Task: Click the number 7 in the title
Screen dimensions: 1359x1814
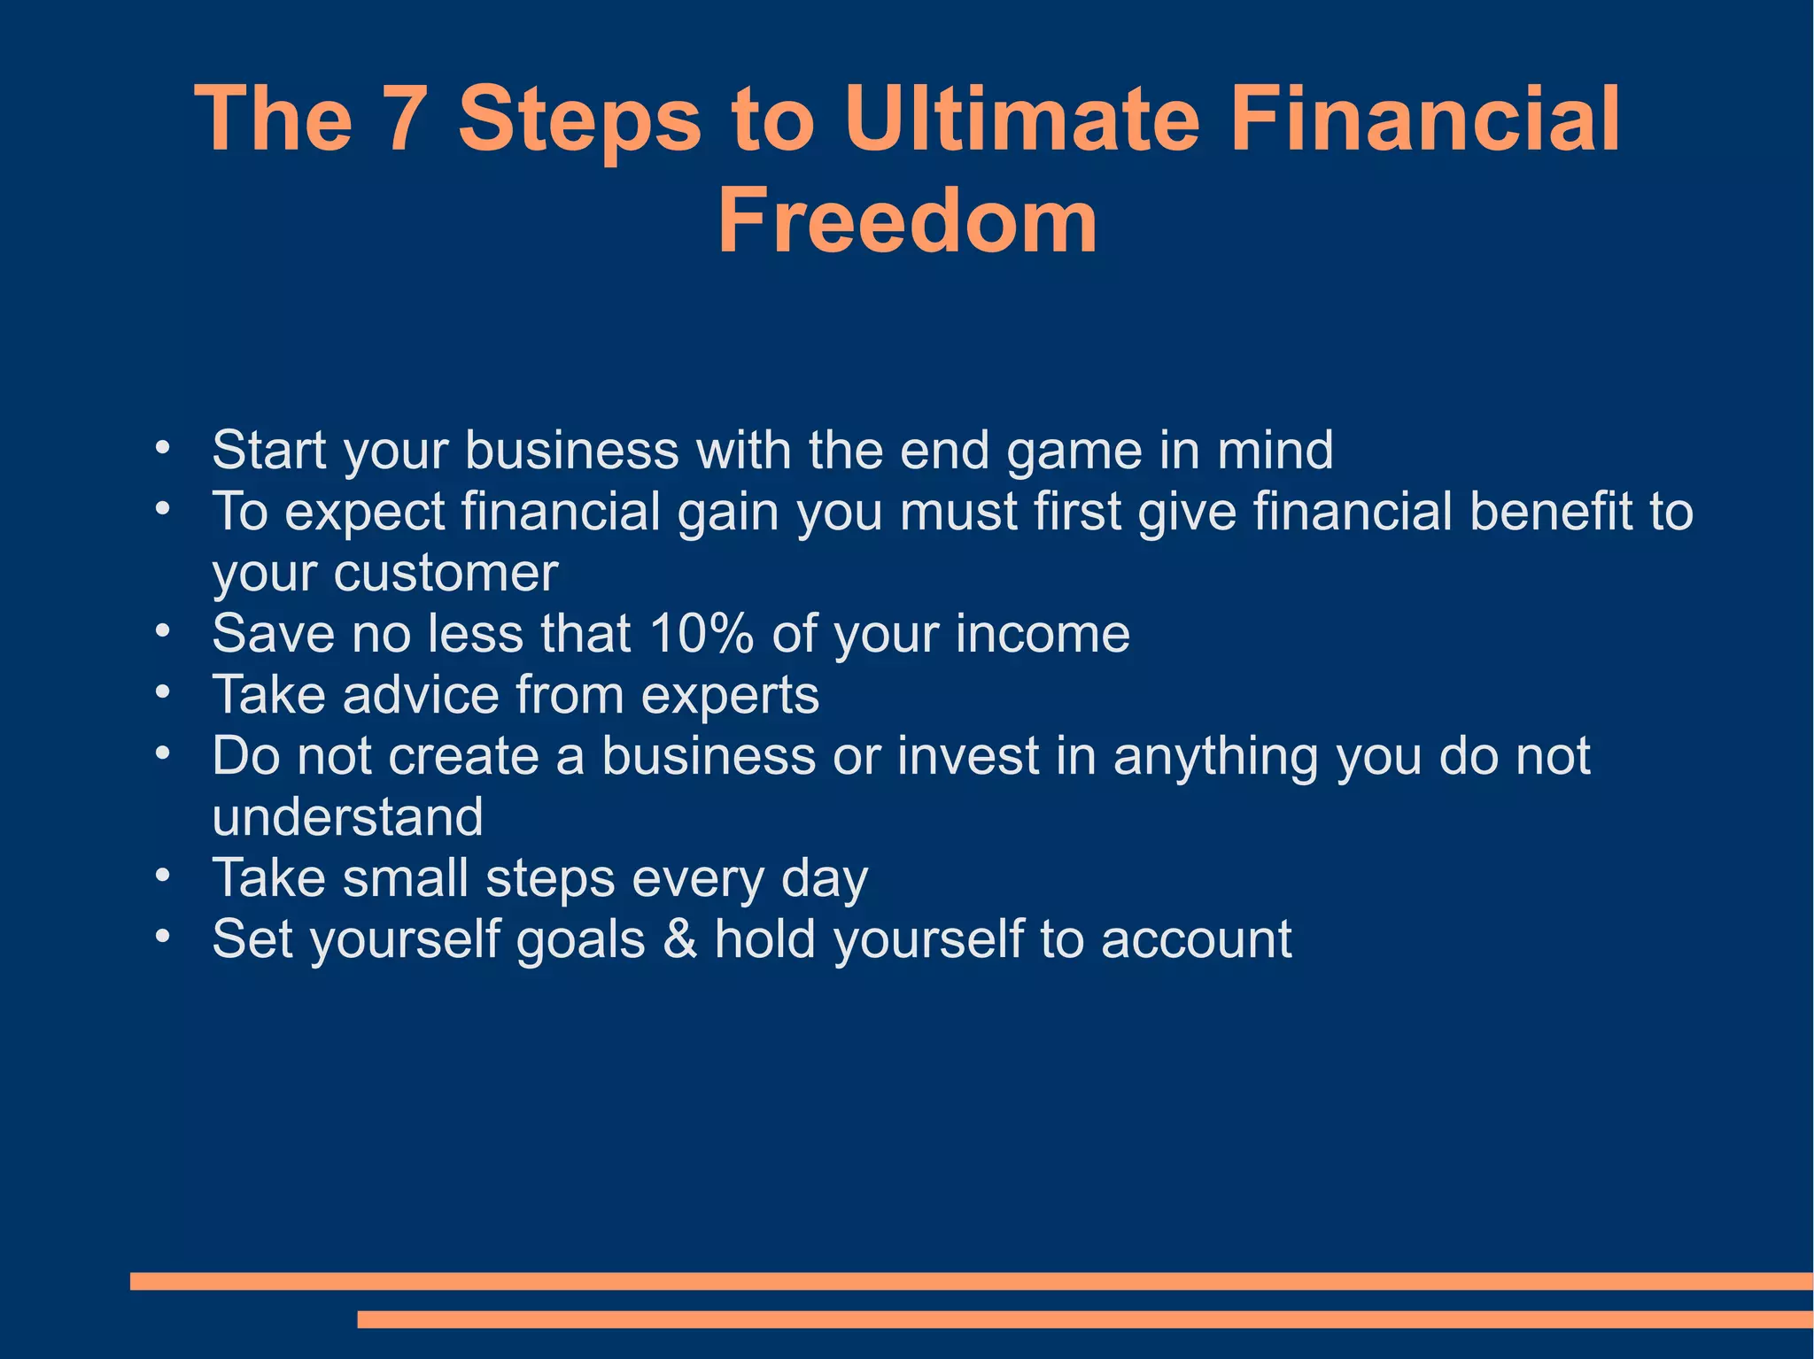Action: pyautogui.click(x=404, y=120)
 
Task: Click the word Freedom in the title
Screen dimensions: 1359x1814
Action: pyautogui.click(x=907, y=221)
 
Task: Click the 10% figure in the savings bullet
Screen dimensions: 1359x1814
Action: pyautogui.click(x=701, y=634)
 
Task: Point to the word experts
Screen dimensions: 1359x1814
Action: pyautogui.click(x=730, y=695)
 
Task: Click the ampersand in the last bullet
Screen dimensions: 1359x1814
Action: pyautogui.click(x=679, y=939)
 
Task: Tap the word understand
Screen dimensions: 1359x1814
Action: pyautogui.click(x=347, y=817)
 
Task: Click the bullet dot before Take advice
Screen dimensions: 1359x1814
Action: pyautogui.click(x=161, y=692)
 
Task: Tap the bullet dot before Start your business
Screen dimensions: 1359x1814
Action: pyautogui.click(x=161, y=448)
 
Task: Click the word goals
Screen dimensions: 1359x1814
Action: pyautogui.click(x=580, y=939)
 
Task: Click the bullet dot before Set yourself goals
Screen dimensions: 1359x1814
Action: pyautogui.click(x=161, y=937)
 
